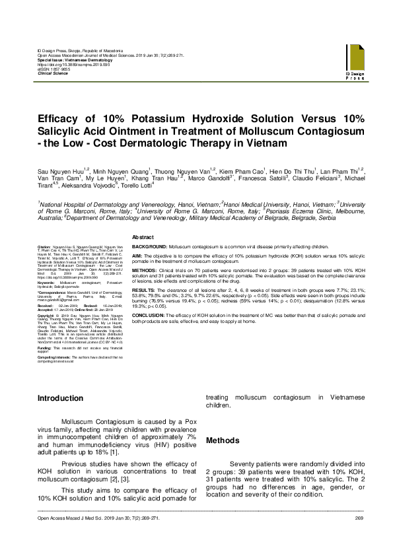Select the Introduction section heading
(60, 398)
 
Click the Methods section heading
(223, 440)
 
